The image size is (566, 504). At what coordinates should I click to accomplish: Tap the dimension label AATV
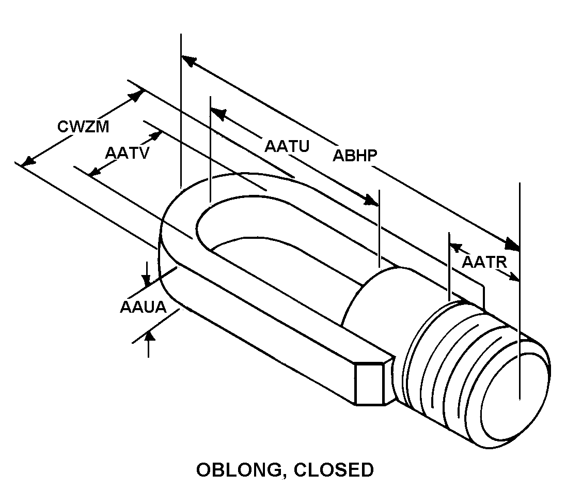(x=127, y=153)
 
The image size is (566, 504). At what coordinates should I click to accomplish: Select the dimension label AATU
(x=287, y=146)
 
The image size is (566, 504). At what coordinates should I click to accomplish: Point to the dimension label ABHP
(x=355, y=156)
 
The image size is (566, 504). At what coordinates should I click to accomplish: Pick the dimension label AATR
(x=484, y=262)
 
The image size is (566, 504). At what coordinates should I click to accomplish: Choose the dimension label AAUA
(x=143, y=307)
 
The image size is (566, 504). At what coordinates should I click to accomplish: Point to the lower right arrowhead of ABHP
(x=512, y=243)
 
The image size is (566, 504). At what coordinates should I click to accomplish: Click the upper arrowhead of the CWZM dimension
(x=136, y=96)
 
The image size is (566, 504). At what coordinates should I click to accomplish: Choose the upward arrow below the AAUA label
(x=149, y=338)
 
